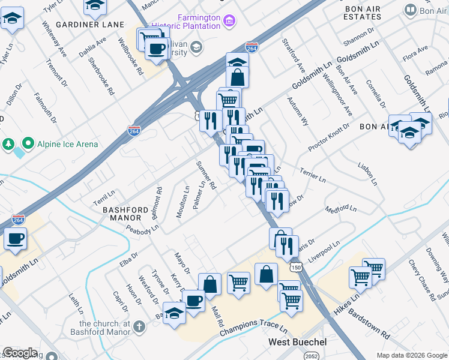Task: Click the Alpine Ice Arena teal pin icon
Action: pos(28,144)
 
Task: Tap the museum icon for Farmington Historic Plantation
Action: pos(229,22)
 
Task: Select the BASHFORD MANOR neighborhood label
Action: pos(125,213)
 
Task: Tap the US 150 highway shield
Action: pos(295,265)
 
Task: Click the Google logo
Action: pos(20,353)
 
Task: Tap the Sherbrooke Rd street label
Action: pos(100,76)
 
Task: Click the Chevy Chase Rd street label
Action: pos(420,280)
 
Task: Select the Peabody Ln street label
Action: pos(142,228)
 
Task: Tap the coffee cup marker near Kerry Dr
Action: pos(193,299)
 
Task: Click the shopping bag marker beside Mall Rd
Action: pos(210,284)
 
